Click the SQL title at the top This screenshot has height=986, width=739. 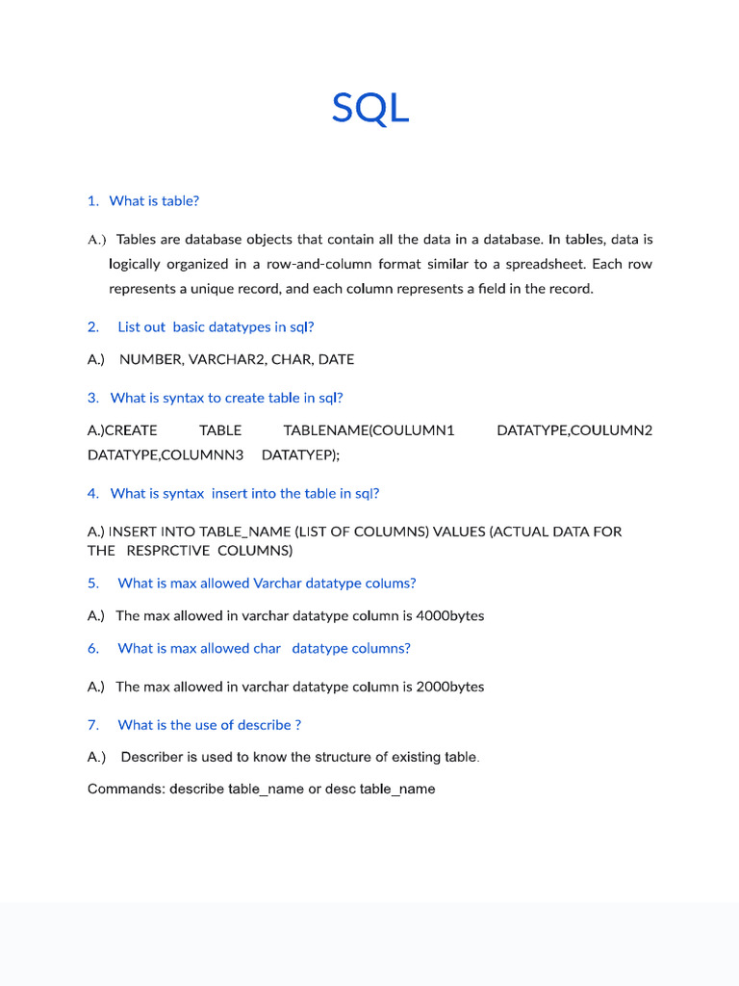coord(370,108)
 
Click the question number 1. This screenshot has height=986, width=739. coord(92,201)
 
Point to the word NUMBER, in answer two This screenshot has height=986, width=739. coord(152,359)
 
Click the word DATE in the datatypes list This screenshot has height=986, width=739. coord(336,359)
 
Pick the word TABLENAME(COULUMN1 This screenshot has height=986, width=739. coord(369,430)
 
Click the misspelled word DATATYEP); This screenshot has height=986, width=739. coord(300,454)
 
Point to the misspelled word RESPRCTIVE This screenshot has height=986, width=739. coord(167,551)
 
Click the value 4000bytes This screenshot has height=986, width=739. coord(449,616)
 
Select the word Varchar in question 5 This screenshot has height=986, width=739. coord(278,584)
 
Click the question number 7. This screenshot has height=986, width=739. coord(93,725)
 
